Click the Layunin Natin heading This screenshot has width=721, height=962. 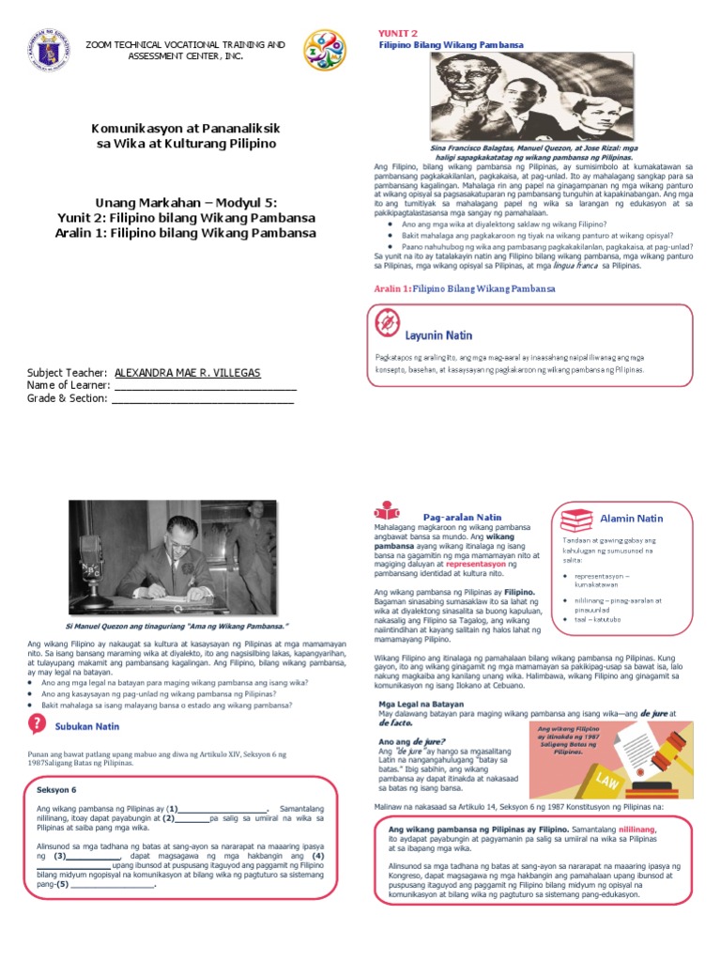438,335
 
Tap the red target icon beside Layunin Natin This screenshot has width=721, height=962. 386,323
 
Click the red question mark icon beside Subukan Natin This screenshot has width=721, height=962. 37,724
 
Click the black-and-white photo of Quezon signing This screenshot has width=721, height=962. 172,555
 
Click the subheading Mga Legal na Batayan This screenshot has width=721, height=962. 409,704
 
